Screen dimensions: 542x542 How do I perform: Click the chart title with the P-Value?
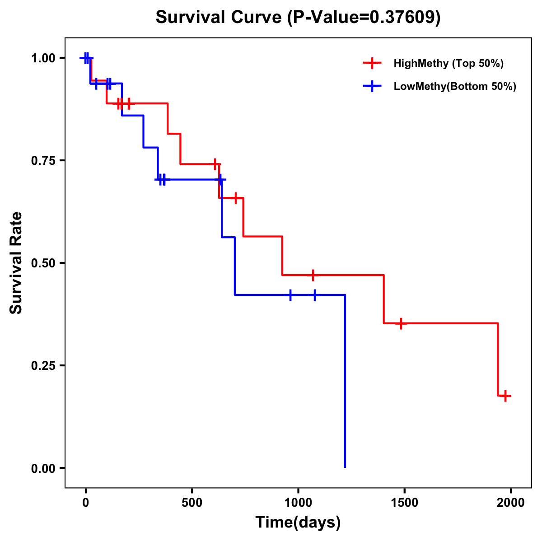[x=298, y=18]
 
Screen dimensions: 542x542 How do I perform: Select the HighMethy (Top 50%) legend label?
[x=448, y=63]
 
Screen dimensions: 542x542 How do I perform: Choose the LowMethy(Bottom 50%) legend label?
[x=454, y=86]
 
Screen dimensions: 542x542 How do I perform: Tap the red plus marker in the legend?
[x=372, y=63]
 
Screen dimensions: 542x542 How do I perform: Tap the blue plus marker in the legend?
[x=372, y=86]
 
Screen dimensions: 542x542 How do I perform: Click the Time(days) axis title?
[x=298, y=523]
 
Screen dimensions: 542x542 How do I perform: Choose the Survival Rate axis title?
[x=16, y=263]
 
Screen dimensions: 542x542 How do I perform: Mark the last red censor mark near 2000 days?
[x=505, y=396]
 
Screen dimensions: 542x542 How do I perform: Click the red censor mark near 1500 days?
[x=401, y=323]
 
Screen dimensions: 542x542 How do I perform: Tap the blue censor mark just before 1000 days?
[x=290, y=295]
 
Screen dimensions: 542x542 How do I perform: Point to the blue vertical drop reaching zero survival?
[x=345, y=384]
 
